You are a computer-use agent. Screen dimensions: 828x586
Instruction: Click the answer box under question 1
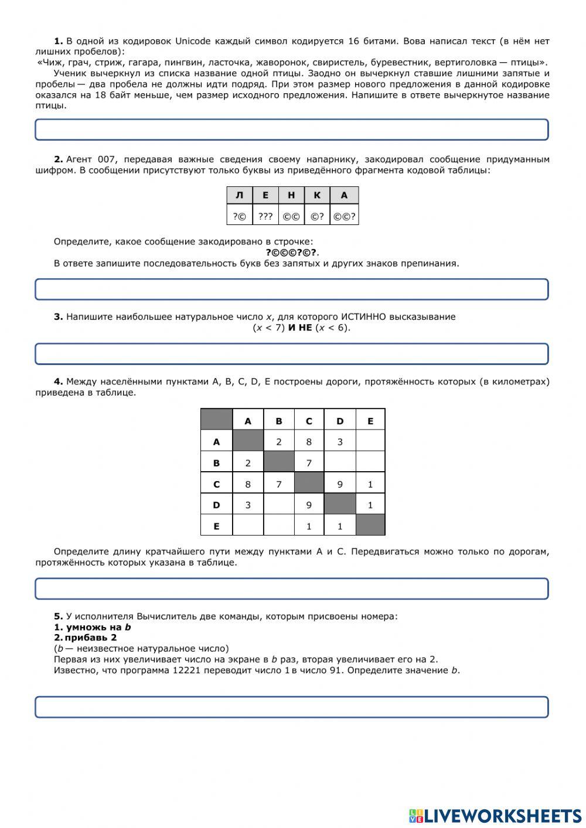(292, 130)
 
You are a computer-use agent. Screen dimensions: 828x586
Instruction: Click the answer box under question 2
(292, 289)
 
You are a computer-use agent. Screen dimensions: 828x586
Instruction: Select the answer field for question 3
(292, 354)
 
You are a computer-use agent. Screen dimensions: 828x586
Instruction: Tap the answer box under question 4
(292, 589)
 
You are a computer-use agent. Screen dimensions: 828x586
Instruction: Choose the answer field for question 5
(292, 707)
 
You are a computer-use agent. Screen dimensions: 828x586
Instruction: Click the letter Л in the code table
(239, 196)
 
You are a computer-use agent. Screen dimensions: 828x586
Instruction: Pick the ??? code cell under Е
(265, 217)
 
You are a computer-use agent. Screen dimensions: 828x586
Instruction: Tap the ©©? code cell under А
(344, 217)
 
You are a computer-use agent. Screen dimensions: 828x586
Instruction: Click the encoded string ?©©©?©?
(291, 253)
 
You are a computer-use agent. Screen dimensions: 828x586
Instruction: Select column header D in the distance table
(340, 421)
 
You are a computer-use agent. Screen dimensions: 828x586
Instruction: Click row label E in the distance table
(216, 526)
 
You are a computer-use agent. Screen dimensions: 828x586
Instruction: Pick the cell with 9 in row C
(340, 484)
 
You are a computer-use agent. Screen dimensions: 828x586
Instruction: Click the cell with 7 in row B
(309, 463)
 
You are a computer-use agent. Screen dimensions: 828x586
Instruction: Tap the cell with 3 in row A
(340, 442)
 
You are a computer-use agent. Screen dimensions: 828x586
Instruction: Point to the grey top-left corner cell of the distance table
(216, 420)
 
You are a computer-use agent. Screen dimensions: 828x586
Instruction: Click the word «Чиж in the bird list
(50, 62)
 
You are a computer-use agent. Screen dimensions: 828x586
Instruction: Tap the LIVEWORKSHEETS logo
(495, 815)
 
